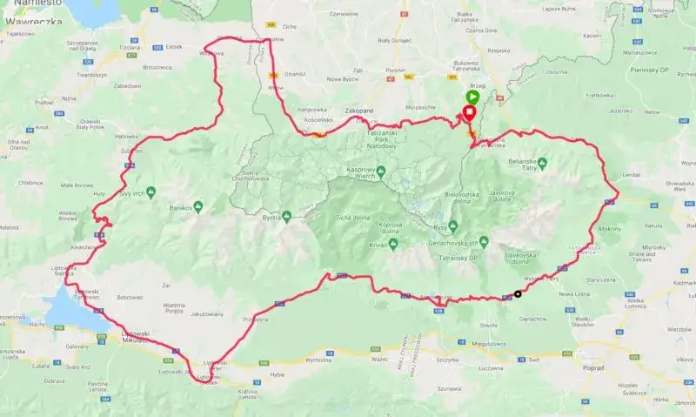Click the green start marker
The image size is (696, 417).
(x=472, y=97)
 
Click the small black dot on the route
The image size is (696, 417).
(x=519, y=293)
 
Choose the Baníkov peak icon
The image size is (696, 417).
(x=198, y=206)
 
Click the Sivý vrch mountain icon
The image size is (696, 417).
(x=151, y=191)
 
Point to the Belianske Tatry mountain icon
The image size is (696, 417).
(x=542, y=163)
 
